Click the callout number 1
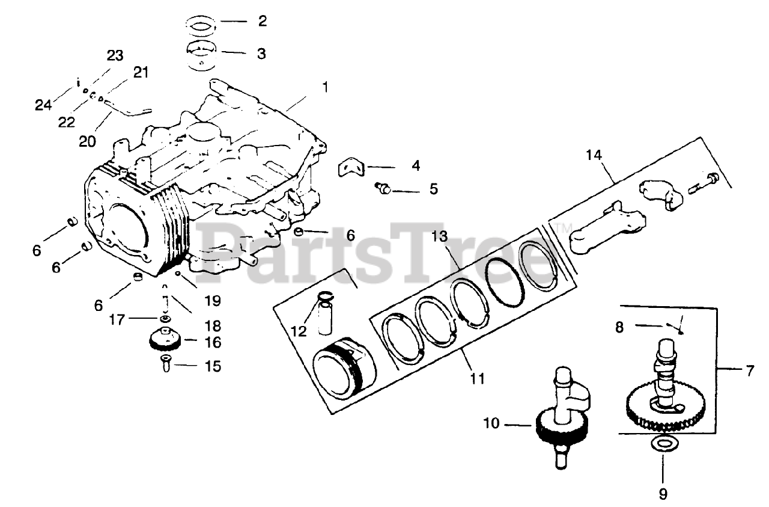324,87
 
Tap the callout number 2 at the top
261,22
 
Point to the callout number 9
663,493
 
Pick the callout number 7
749,370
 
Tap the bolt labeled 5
381,188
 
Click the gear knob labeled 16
166,341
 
